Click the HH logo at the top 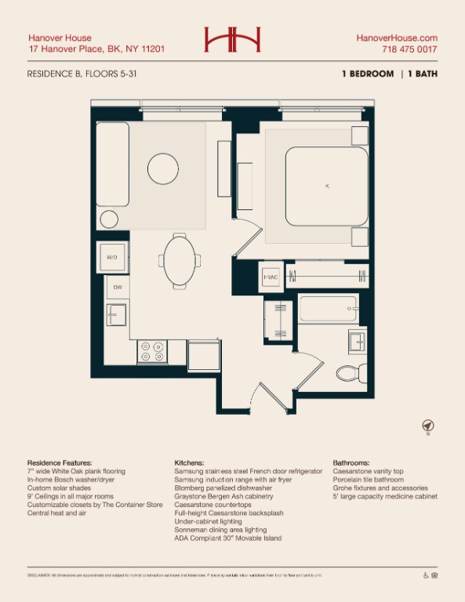point(232,40)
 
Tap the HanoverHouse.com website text point(397,38)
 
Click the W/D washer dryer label point(111,256)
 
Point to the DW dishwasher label point(118,288)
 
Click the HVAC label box point(271,276)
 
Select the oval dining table point(180,261)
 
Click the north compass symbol point(427,426)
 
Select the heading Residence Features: point(60,463)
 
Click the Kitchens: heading point(189,463)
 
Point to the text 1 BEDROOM point(368,74)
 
